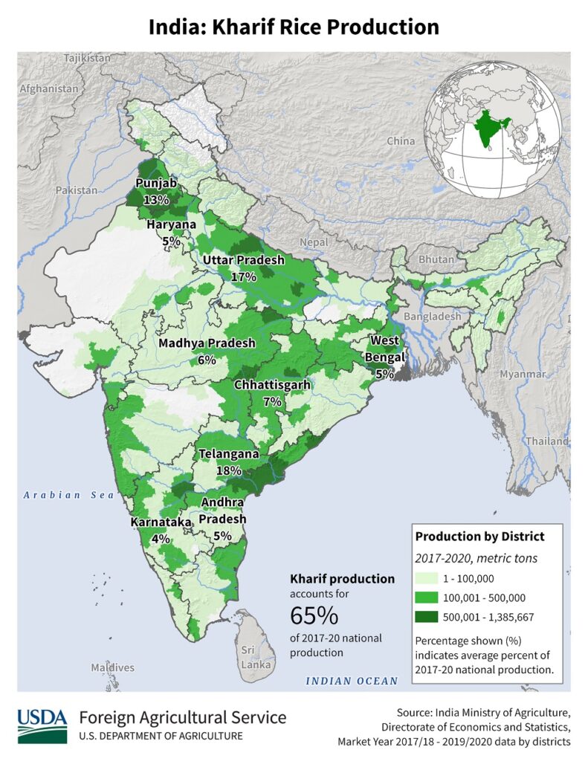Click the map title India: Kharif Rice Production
(294, 27)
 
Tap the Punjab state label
(155, 184)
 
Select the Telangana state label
(228, 454)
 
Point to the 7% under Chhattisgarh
(271, 401)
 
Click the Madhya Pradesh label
(207, 343)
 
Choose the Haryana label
(171, 224)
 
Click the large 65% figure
(314, 616)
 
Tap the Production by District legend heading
(479, 536)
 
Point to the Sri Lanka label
(248, 657)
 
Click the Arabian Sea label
(66, 495)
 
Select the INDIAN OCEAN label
(349, 681)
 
